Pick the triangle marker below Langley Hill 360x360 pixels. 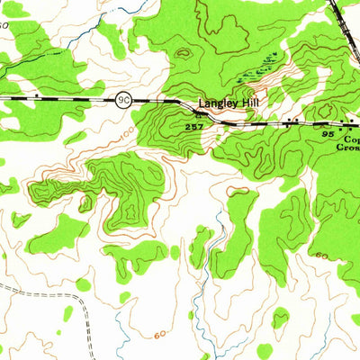199,115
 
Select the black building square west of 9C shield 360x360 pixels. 35,94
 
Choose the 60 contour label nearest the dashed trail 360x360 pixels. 160,335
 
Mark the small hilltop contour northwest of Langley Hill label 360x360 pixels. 184,51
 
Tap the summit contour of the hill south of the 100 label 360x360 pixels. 131,214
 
